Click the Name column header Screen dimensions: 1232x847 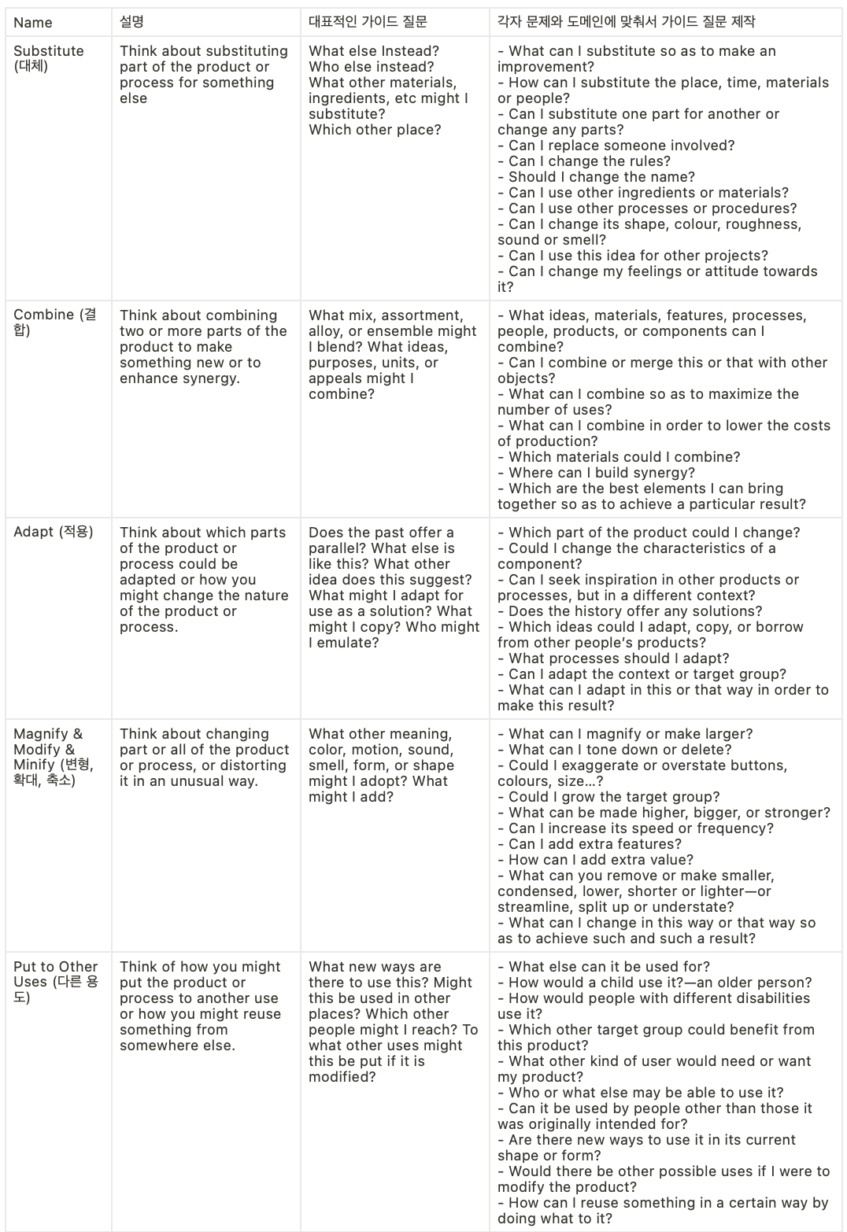tap(33, 23)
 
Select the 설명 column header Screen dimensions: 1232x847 tap(131, 23)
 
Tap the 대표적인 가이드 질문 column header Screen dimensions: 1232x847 tap(368, 23)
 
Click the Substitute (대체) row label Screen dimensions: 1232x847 tap(48, 58)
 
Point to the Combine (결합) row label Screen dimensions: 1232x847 tap(54, 322)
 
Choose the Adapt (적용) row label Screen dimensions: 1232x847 tap(53, 532)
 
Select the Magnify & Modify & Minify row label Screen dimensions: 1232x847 tap(53, 757)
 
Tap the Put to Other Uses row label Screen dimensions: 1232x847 tap(55, 982)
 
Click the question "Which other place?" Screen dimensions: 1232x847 tap(375, 130)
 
